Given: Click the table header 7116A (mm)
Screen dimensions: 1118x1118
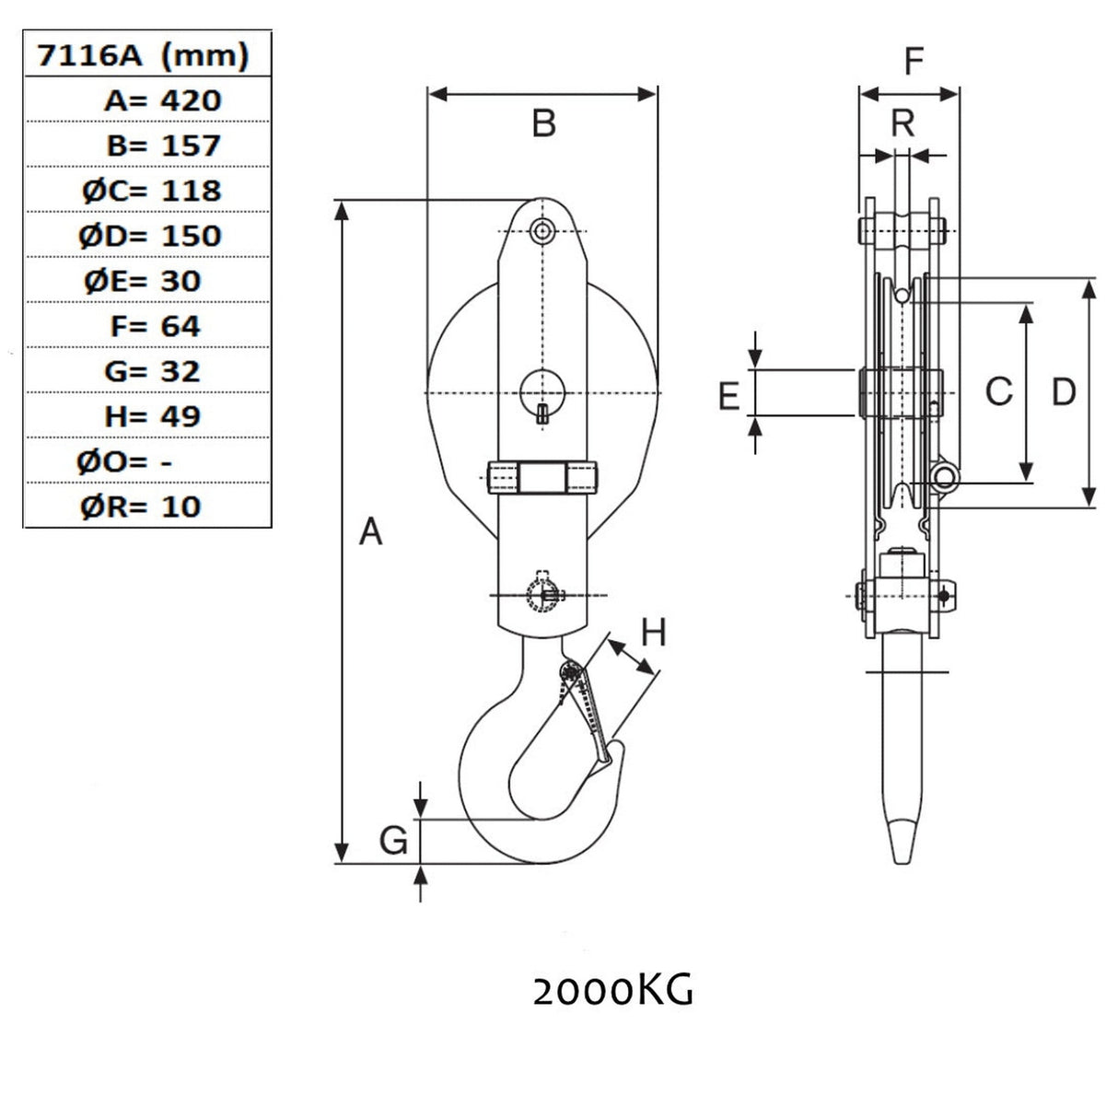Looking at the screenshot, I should (x=143, y=56).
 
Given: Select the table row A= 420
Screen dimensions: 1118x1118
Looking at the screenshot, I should (x=162, y=99).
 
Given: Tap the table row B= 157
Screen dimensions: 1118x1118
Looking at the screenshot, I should (x=162, y=145).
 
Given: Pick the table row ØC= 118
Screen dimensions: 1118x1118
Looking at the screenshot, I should (x=151, y=190).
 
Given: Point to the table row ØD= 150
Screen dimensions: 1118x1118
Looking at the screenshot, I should (x=151, y=235).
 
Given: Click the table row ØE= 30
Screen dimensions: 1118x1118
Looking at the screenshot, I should (x=143, y=280).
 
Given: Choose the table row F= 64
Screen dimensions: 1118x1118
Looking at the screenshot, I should (x=153, y=325).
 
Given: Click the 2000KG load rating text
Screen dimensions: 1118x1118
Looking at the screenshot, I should (x=612, y=992).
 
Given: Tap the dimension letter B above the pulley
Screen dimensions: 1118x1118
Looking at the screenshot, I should (x=544, y=122).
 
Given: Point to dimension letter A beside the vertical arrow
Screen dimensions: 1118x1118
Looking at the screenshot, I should (x=370, y=531).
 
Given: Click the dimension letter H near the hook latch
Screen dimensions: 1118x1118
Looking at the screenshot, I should (x=653, y=633).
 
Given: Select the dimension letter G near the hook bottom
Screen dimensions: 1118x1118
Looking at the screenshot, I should (x=393, y=839).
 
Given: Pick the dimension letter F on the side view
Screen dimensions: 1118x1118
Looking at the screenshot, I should (x=913, y=62).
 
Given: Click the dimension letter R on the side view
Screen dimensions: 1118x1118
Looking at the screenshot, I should (x=903, y=122).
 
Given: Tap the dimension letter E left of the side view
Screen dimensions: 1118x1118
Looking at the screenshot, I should (x=728, y=396).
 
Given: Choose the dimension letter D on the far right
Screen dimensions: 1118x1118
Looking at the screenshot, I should (x=1063, y=392).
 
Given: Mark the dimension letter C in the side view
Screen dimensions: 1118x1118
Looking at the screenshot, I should (x=998, y=392).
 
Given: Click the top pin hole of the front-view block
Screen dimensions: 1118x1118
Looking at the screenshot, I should (x=543, y=230).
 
